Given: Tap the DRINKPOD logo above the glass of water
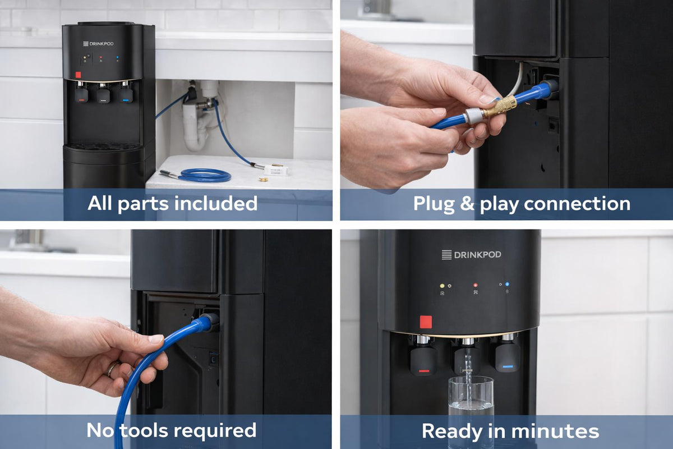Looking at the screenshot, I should (x=471, y=255).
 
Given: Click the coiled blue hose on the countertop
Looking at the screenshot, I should (x=205, y=175).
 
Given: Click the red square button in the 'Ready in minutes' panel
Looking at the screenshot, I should (x=426, y=322).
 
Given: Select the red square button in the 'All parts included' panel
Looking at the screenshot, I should (x=79, y=75).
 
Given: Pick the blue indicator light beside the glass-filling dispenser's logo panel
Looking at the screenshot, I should (x=507, y=285).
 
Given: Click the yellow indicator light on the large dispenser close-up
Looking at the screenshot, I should (x=442, y=285).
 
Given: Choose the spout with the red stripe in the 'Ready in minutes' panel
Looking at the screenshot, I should (x=423, y=359).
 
